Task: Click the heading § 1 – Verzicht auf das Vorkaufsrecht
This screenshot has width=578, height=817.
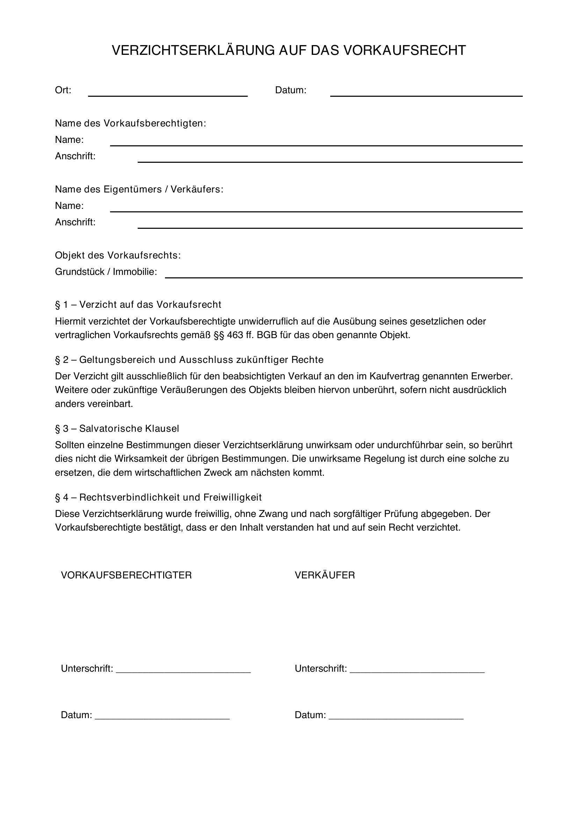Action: click(x=138, y=305)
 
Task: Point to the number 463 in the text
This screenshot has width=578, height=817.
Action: click(x=235, y=335)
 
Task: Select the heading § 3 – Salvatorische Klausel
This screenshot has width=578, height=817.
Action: click(x=117, y=429)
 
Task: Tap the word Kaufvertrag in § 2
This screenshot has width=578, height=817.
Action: click(x=391, y=376)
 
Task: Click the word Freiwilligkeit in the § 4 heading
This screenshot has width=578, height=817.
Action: click(x=232, y=497)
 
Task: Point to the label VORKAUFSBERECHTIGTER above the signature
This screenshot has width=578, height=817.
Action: click(x=127, y=575)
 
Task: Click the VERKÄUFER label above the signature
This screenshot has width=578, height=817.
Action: click(x=325, y=575)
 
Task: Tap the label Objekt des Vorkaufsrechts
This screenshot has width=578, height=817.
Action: click(x=118, y=255)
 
